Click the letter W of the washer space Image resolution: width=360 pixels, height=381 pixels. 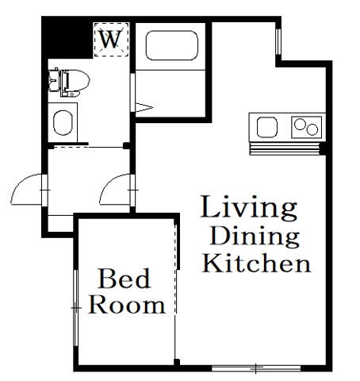pos(111,39)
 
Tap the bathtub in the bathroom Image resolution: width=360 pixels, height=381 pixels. pos(171,45)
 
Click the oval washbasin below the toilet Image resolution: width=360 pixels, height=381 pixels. pos(63,123)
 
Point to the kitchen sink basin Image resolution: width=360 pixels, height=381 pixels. pos(267,127)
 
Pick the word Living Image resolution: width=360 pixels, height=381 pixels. pos(249,208)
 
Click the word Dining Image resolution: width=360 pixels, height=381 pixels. pos(255,236)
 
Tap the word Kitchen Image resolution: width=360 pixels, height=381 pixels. pos(256,263)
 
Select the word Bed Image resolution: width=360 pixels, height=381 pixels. pos(124,279)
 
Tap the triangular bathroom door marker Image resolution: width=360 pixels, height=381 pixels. pos(144,107)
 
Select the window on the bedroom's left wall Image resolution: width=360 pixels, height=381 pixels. pos(76,308)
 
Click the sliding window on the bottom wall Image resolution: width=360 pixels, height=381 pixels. pos(256,368)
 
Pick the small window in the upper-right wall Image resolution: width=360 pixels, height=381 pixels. pos(278,41)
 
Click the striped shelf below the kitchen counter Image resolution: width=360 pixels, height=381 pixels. pos(285,148)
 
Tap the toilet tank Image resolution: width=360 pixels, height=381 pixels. pos(54,80)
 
